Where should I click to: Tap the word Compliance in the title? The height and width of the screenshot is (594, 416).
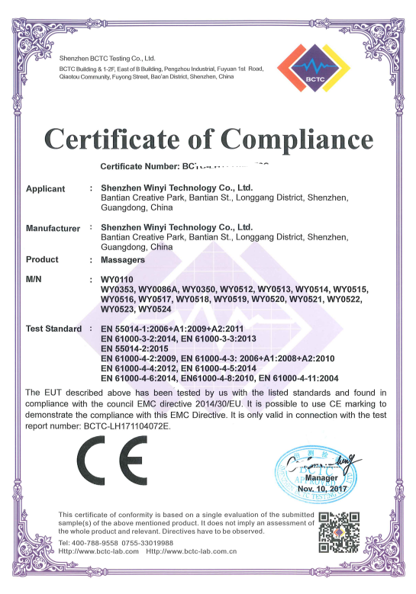293,140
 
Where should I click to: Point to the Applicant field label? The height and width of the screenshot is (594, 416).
46,188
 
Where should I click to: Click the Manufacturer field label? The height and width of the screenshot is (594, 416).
53,228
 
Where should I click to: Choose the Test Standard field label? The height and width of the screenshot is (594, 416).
54,329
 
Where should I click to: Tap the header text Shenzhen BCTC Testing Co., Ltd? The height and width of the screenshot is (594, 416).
108,58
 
